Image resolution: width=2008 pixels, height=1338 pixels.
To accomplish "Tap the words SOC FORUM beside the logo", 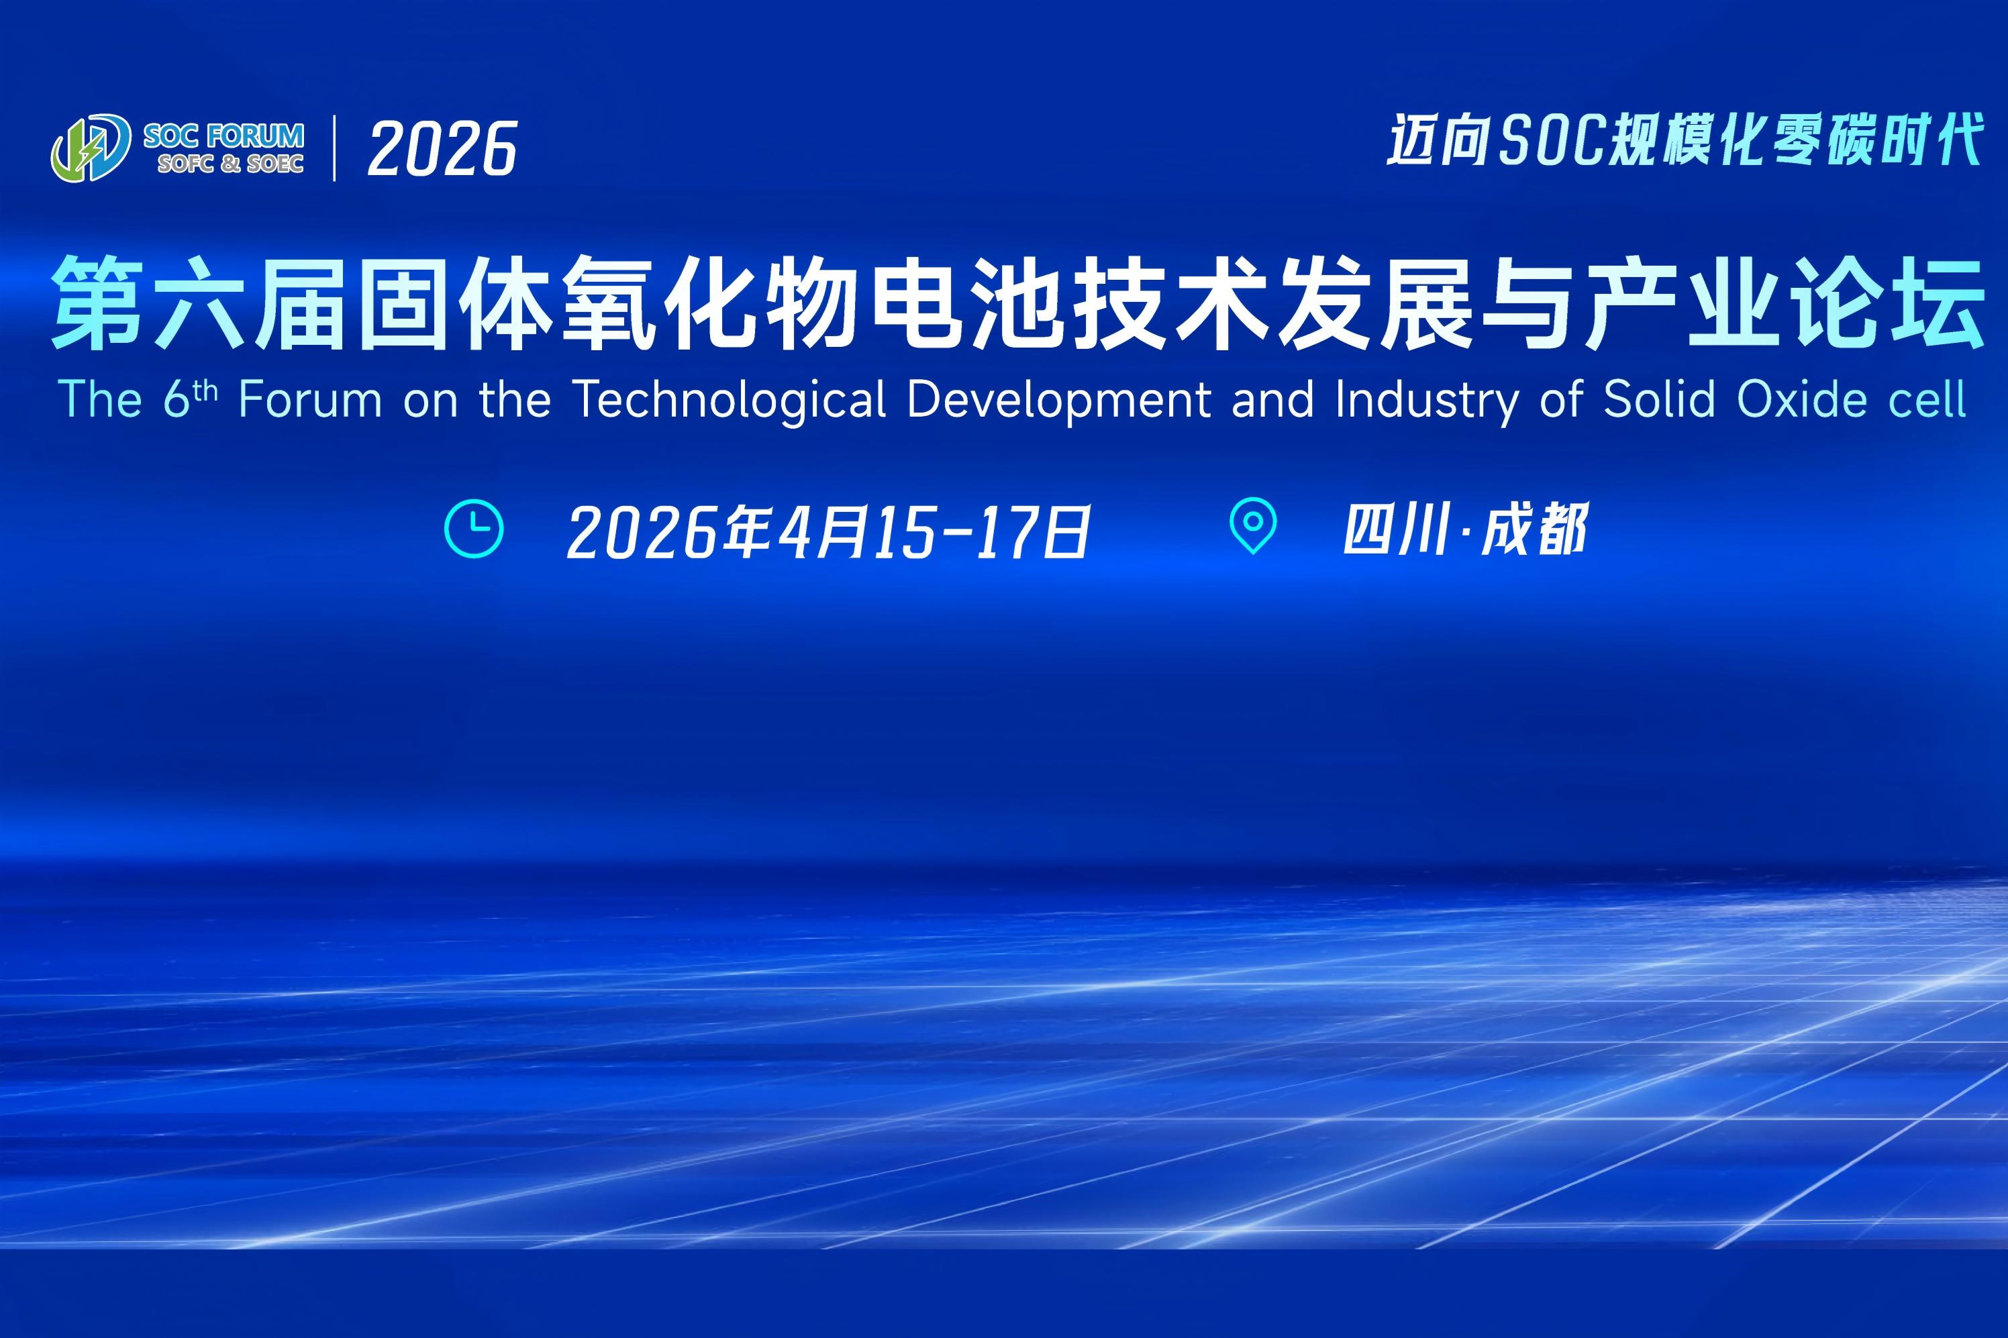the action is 223,136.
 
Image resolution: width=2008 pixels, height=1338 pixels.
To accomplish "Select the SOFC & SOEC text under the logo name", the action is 230,163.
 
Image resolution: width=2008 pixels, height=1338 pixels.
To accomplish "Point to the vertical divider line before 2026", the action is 334,148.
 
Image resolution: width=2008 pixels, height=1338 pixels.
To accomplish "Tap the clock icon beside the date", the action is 474,529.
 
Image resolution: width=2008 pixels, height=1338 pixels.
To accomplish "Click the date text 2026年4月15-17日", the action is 827,531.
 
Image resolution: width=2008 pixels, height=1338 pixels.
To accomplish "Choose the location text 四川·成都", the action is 1465,529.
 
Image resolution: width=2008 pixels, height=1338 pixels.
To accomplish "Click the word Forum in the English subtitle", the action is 311,399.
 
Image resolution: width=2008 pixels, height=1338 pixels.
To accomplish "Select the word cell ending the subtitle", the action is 1927,399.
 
